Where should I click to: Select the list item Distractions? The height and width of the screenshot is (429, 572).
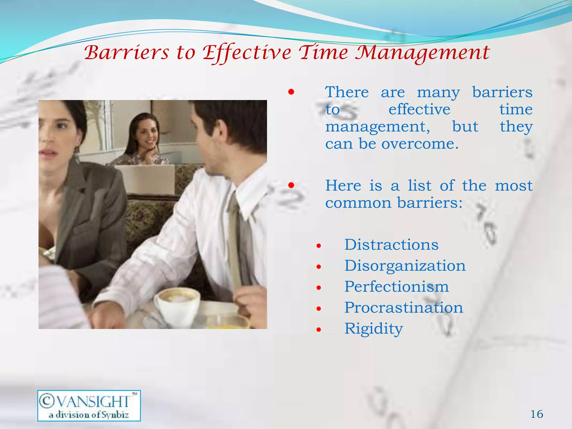click(391, 245)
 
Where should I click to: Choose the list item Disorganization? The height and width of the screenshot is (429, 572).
click(405, 266)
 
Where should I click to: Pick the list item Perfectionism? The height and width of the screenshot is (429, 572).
click(396, 287)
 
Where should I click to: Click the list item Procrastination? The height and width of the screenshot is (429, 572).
click(404, 308)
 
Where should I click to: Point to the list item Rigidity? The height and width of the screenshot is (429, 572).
click(373, 329)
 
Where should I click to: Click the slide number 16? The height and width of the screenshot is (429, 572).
click(537, 414)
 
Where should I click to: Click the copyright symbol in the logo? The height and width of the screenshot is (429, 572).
click(47, 401)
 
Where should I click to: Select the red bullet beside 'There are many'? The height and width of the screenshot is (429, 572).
click(291, 92)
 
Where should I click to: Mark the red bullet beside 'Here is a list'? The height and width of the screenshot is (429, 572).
click(291, 185)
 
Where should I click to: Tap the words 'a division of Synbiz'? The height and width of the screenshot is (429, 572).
click(89, 414)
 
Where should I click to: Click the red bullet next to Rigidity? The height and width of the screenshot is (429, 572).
click(319, 330)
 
